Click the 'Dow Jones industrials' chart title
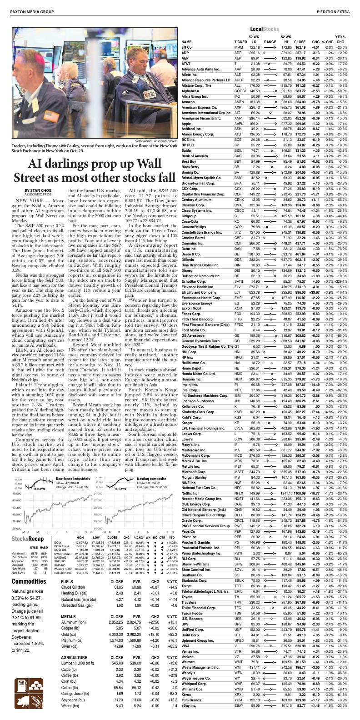[72, 479]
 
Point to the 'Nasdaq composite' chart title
[152, 479]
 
